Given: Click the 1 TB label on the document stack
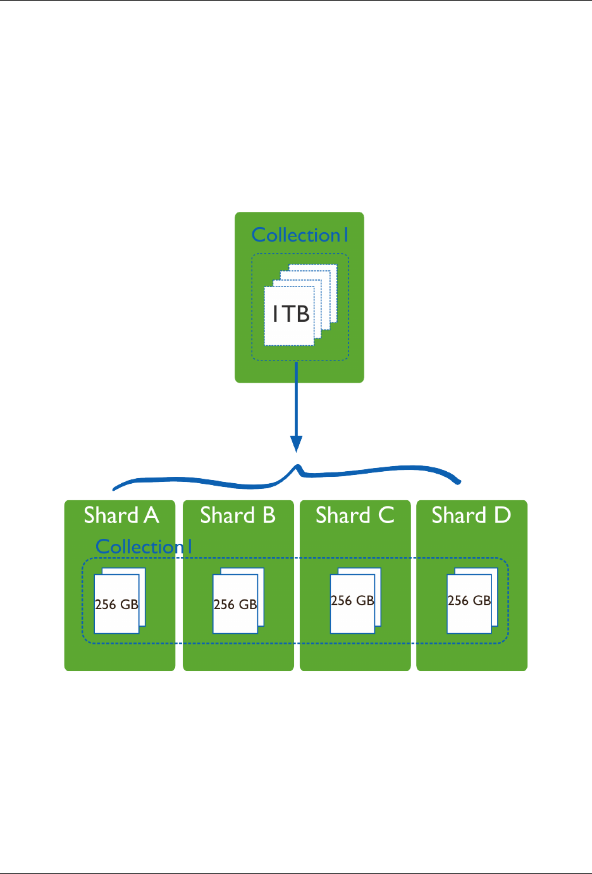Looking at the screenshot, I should [291, 314].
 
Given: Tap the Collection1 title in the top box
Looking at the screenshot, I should [300, 235].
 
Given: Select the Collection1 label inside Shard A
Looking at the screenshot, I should [144, 547].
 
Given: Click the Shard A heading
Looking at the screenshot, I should [121, 515].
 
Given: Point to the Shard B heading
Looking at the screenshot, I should [238, 515].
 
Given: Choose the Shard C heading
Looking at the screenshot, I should [355, 515].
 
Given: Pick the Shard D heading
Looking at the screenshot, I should [471, 515].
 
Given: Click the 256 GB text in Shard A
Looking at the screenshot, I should [116, 605].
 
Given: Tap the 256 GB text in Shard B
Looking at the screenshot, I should [235, 605].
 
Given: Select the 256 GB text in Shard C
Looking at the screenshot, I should [352, 601].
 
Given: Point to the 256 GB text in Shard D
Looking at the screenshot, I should [469, 601].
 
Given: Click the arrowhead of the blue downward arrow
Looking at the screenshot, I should [296, 444].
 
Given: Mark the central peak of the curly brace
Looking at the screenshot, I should [297, 467].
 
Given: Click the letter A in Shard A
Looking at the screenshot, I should [151, 515].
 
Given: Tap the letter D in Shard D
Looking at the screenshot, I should [503, 515].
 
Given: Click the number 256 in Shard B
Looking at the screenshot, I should [224, 605].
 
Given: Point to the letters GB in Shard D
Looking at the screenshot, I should [482, 601].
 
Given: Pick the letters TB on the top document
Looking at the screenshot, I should [297, 314].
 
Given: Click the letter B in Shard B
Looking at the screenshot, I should [269, 515].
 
